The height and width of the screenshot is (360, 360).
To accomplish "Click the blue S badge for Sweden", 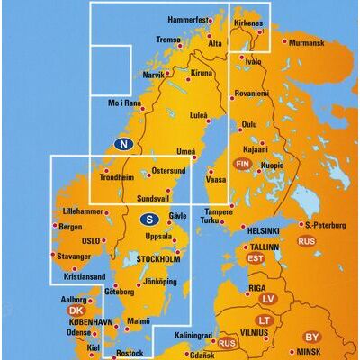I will click(x=151, y=217).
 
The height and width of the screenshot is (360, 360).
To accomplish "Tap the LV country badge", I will click(x=266, y=298).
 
